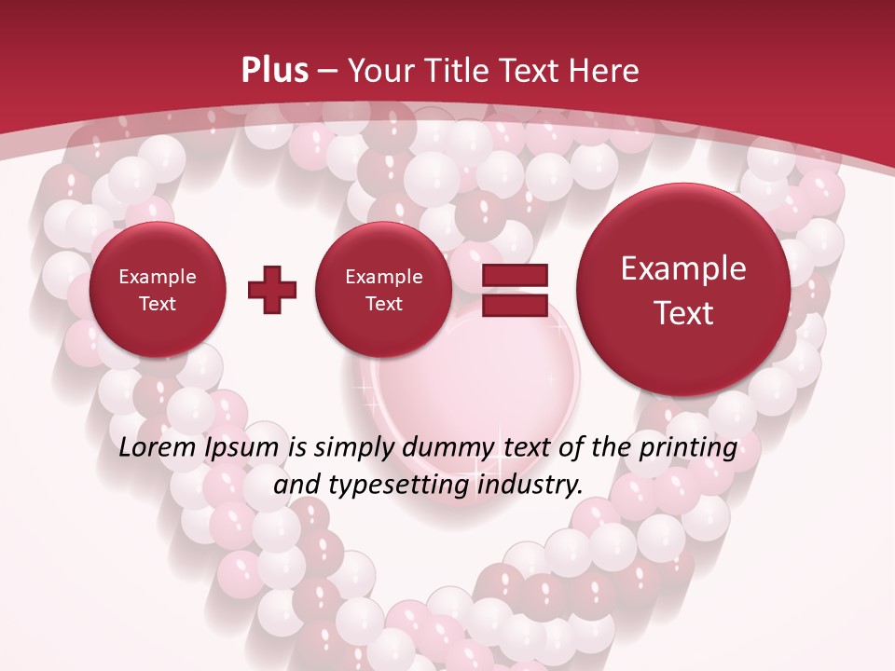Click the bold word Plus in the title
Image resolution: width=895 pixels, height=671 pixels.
275,71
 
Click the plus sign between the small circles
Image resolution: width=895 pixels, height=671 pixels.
272,290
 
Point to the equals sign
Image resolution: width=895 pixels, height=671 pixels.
515,290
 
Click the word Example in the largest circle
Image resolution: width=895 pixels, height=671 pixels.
683,268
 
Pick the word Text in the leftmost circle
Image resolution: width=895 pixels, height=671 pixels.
157,304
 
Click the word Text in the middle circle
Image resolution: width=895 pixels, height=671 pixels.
383,304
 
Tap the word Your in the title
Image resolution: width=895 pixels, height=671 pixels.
379,71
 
